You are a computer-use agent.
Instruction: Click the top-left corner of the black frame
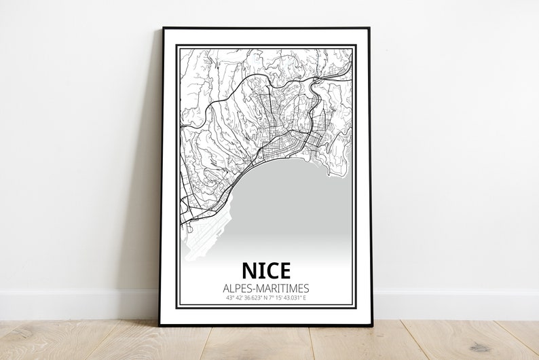click(x=163, y=29)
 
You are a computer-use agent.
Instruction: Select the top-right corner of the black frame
click(x=370, y=29)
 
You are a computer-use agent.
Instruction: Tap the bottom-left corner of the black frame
click(x=160, y=325)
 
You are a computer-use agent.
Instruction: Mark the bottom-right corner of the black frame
click(x=371, y=325)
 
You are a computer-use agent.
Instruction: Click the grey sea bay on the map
click(x=292, y=204)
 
